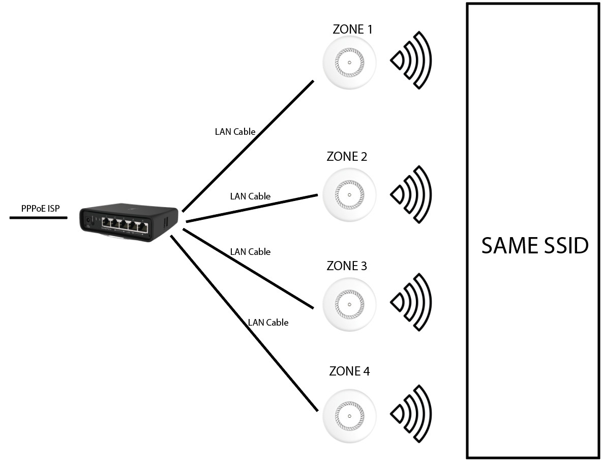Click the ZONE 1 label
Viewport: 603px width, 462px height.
[x=352, y=30]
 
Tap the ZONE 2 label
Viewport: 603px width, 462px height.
[x=347, y=157]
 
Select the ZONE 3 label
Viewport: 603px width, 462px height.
[x=347, y=266]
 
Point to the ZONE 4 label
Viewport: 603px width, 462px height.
[x=349, y=371]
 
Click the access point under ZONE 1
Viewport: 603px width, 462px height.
[x=349, y=62]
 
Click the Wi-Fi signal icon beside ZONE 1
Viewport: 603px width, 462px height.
[x=411, y=61]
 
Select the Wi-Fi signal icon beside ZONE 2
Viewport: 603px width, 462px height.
[x=411, y=194]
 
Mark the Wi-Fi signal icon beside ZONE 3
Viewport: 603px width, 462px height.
[x=411, y=303]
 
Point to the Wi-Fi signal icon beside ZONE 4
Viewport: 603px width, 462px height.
[x=411, y=414]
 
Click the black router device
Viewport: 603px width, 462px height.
[x=129, y=223]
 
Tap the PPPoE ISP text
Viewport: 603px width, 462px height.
[x=41, y=208]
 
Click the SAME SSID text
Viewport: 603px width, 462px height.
[x=535, y=246]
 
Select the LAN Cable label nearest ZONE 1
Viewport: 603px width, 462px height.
[x=235, y=132]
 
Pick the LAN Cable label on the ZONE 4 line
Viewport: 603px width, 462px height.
[x=268, y=323]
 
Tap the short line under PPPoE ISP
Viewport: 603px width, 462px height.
[x=38, y=218]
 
